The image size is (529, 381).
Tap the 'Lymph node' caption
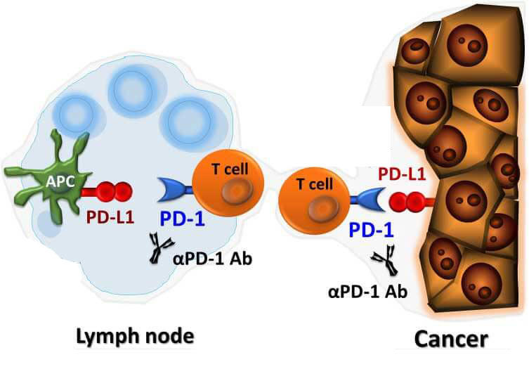[134, 339]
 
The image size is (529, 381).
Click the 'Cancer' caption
[450, 340]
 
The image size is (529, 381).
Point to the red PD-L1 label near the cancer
[401, 173]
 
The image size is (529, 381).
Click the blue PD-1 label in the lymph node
[182, 219]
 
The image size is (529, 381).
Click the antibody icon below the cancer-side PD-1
[385, 262]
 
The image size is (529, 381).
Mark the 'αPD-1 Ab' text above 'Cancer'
[368, 290]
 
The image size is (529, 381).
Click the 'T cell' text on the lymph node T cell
[229, 169]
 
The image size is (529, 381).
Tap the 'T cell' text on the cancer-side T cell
[314, 184]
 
